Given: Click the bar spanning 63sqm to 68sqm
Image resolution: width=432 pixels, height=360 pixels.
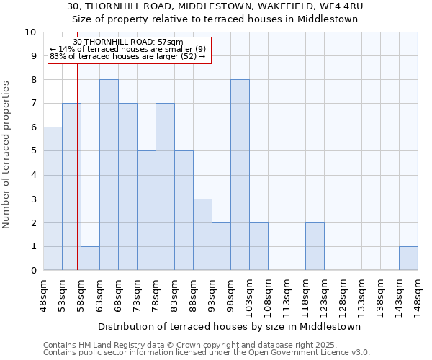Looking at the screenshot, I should [x=109, y=175].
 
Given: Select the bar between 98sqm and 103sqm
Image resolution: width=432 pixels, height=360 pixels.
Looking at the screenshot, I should [x=240, y=175].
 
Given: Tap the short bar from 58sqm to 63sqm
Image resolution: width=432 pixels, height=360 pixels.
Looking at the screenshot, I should [x=90, y=258].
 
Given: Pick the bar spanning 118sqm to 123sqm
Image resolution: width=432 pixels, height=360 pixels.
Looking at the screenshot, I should [x=315, y=246].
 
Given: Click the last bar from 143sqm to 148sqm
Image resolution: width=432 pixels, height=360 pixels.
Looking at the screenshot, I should [x=408, y=258].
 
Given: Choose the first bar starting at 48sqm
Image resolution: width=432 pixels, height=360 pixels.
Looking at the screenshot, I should [x=53, y=199].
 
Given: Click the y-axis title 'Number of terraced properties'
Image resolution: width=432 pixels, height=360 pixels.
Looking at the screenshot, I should [x=6, y=154].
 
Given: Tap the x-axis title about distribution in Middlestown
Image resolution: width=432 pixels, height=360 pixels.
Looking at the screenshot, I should [x=229, y=326].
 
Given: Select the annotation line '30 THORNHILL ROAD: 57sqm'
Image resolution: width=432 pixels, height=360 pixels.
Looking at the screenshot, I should [x=128, y=42].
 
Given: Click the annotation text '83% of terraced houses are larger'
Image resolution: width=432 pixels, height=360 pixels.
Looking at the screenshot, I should [x=127, y=56].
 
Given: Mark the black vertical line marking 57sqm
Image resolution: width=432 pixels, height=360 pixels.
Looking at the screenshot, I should [x=77, y=166].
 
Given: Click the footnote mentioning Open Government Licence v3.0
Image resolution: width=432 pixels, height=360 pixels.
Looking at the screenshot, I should [x=207, y=353].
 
